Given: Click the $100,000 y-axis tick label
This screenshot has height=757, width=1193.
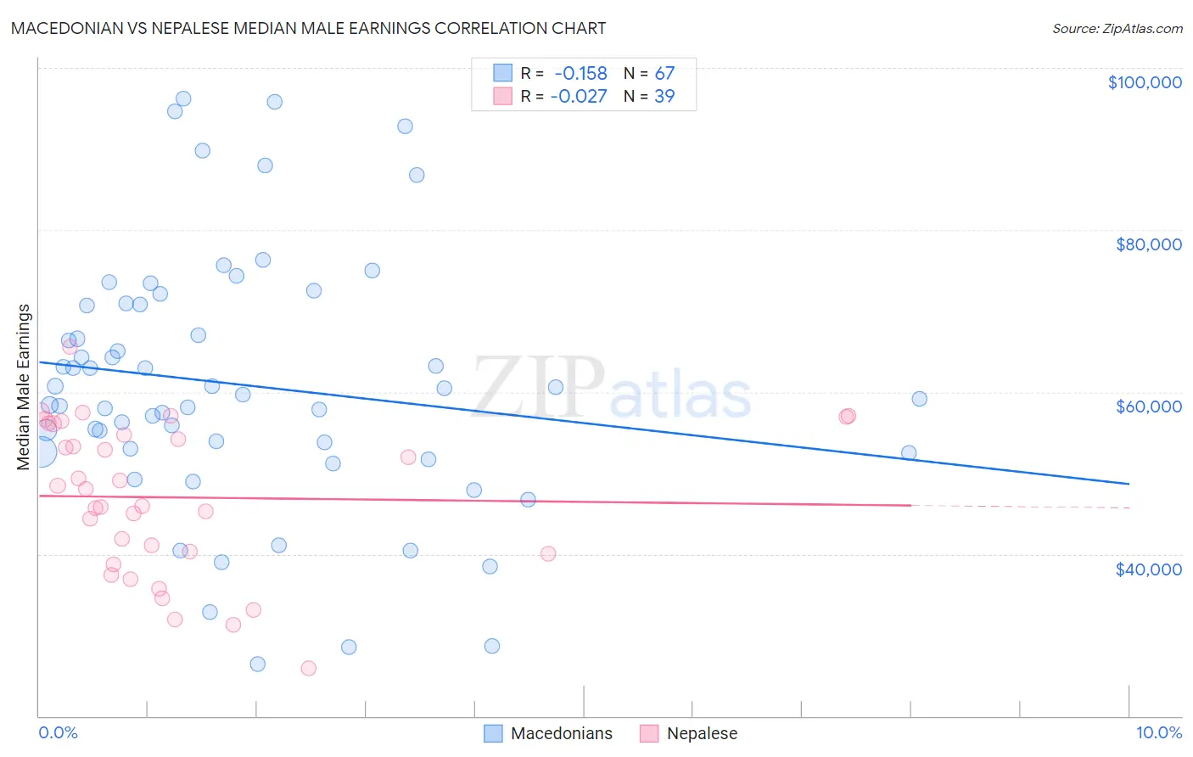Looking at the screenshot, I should click(x=1145, y=82).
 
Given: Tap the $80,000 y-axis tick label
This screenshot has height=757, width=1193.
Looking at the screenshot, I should click(x=1148, y=244).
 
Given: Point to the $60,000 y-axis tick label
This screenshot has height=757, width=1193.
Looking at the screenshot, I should click(x=1148, y=407).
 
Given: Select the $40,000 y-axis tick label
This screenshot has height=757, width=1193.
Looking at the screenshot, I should click(x=1148, y=569).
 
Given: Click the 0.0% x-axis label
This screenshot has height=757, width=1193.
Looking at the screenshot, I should click(x=58, y=732).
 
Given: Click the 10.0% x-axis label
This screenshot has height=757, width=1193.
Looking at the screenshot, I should click(x=1158, y=732).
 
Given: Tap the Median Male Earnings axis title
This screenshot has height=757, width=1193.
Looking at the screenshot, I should click(x=24, y=387).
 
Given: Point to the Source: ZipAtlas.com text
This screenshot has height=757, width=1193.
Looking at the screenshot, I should click(x=1117, y=28).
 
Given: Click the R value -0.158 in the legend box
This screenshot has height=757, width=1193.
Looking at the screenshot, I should click(x=581, y=73).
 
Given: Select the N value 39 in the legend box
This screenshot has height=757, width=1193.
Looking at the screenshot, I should click(x=664, y=96).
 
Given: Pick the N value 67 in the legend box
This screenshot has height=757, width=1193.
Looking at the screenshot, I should click(x=664, y=73).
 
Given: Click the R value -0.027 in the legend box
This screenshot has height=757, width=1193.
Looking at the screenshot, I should click(x=579, y=96).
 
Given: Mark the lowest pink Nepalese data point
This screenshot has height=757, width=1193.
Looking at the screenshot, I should click(x=309, y=668).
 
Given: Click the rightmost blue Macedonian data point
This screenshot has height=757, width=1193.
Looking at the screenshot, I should click(x=919, y=399).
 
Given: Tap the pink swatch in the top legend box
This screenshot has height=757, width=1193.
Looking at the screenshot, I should click(x=503, y=96).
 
